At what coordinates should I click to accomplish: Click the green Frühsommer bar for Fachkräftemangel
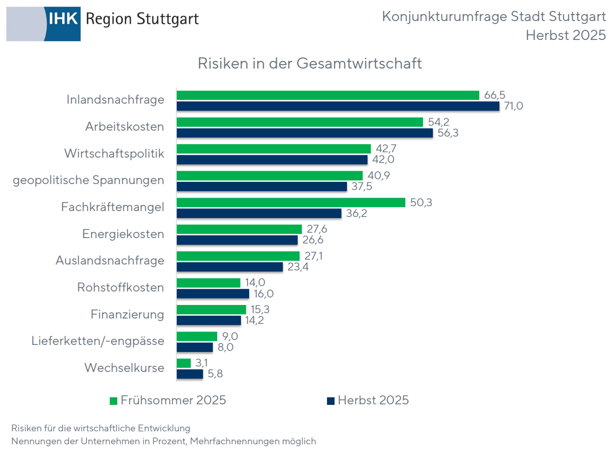pyautogui.click(x=291, y=202)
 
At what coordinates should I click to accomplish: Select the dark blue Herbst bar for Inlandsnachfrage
pyautogui.click(x=338, y=106)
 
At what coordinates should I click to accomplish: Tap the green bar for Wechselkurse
pyautogui.click(x=184, y=363)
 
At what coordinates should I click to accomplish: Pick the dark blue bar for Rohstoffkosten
pyautogui.click(x=213, y=294)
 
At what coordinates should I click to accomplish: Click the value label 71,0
pyautogui.click(x=514, y=106)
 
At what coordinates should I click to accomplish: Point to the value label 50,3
pyautogui.click(x=422, y=202)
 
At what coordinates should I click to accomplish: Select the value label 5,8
pyautogui.click(x=215, y=374)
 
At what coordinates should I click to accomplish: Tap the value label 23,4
pyautogui.click(x=298, y=267)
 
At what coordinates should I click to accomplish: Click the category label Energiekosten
pyautogui.click(x=123, y=234)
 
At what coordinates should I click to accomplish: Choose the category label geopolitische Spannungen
pyautogui.click(x=89, y=180)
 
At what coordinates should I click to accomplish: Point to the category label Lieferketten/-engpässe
pyautogui.click(x=98, y=341)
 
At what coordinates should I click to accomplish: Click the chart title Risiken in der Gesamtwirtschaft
pyautogui.click(x=310, y=63)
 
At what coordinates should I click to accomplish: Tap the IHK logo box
pyautogui.click(x=64, y=19)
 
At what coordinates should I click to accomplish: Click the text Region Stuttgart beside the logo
pyautogui.click(x=142, y=19)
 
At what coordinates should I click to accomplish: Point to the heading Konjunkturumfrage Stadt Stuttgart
pyautogui.click(x=493, y=17)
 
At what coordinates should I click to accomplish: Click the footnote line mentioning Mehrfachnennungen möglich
pyautogui.click(x=163, y=442)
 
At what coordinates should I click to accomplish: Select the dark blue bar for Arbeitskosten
pyautogui.click(x=305, y=133)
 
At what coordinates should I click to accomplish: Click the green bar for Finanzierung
pyautogui.click(x=211, y=309)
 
